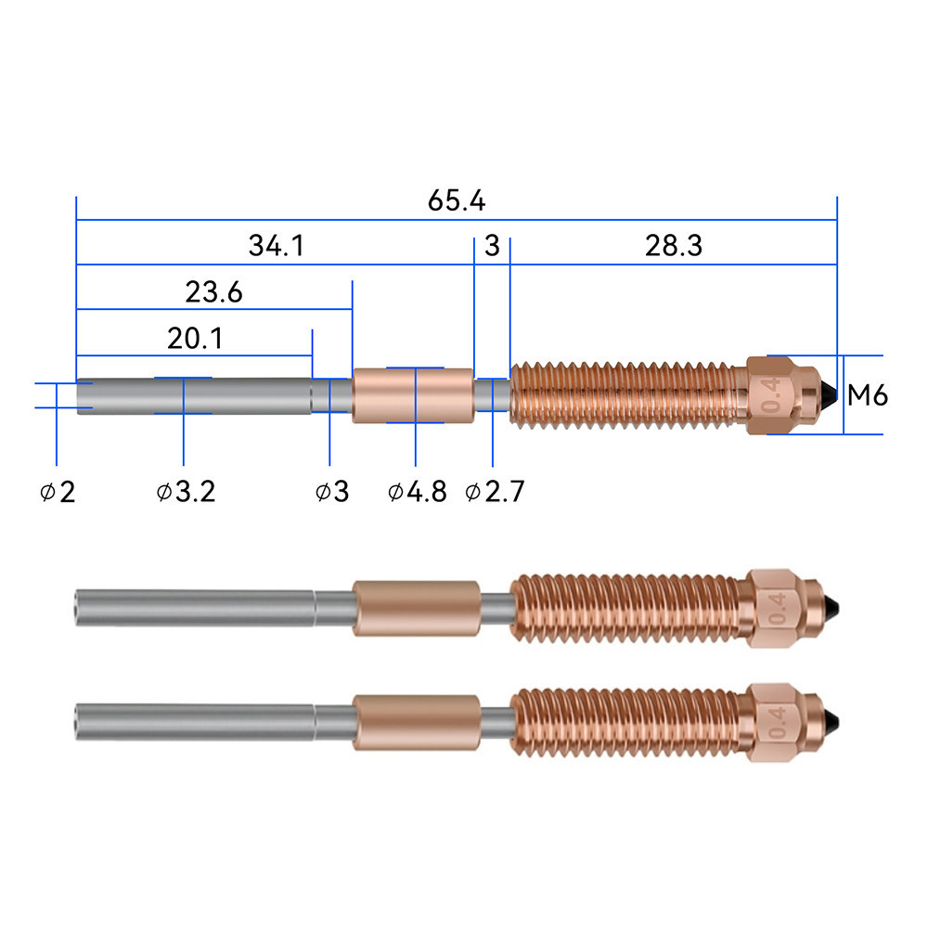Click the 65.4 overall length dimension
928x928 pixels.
(457, 200)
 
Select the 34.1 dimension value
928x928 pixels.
(276, 246)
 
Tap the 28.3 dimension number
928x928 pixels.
(674, 246)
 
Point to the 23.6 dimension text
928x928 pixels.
(213, 292)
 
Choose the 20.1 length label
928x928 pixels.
(195, 339)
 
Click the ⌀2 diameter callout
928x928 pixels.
(58, 492)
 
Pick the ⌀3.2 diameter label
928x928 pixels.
(186, 492)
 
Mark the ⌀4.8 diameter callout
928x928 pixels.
(418, 492)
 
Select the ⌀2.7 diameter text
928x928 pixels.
(495, 492)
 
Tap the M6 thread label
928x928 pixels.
(868, 395)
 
